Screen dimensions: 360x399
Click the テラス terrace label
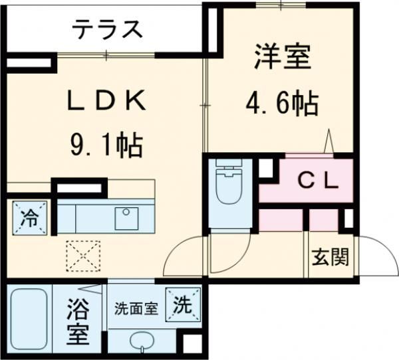(107, 29)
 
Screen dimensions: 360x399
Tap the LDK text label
(106, 102)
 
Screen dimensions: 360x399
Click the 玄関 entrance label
(331, 257)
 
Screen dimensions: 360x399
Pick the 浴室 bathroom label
(78, 322)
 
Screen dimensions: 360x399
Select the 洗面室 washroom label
(136, 308)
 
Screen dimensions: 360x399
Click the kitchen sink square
(124, 216)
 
